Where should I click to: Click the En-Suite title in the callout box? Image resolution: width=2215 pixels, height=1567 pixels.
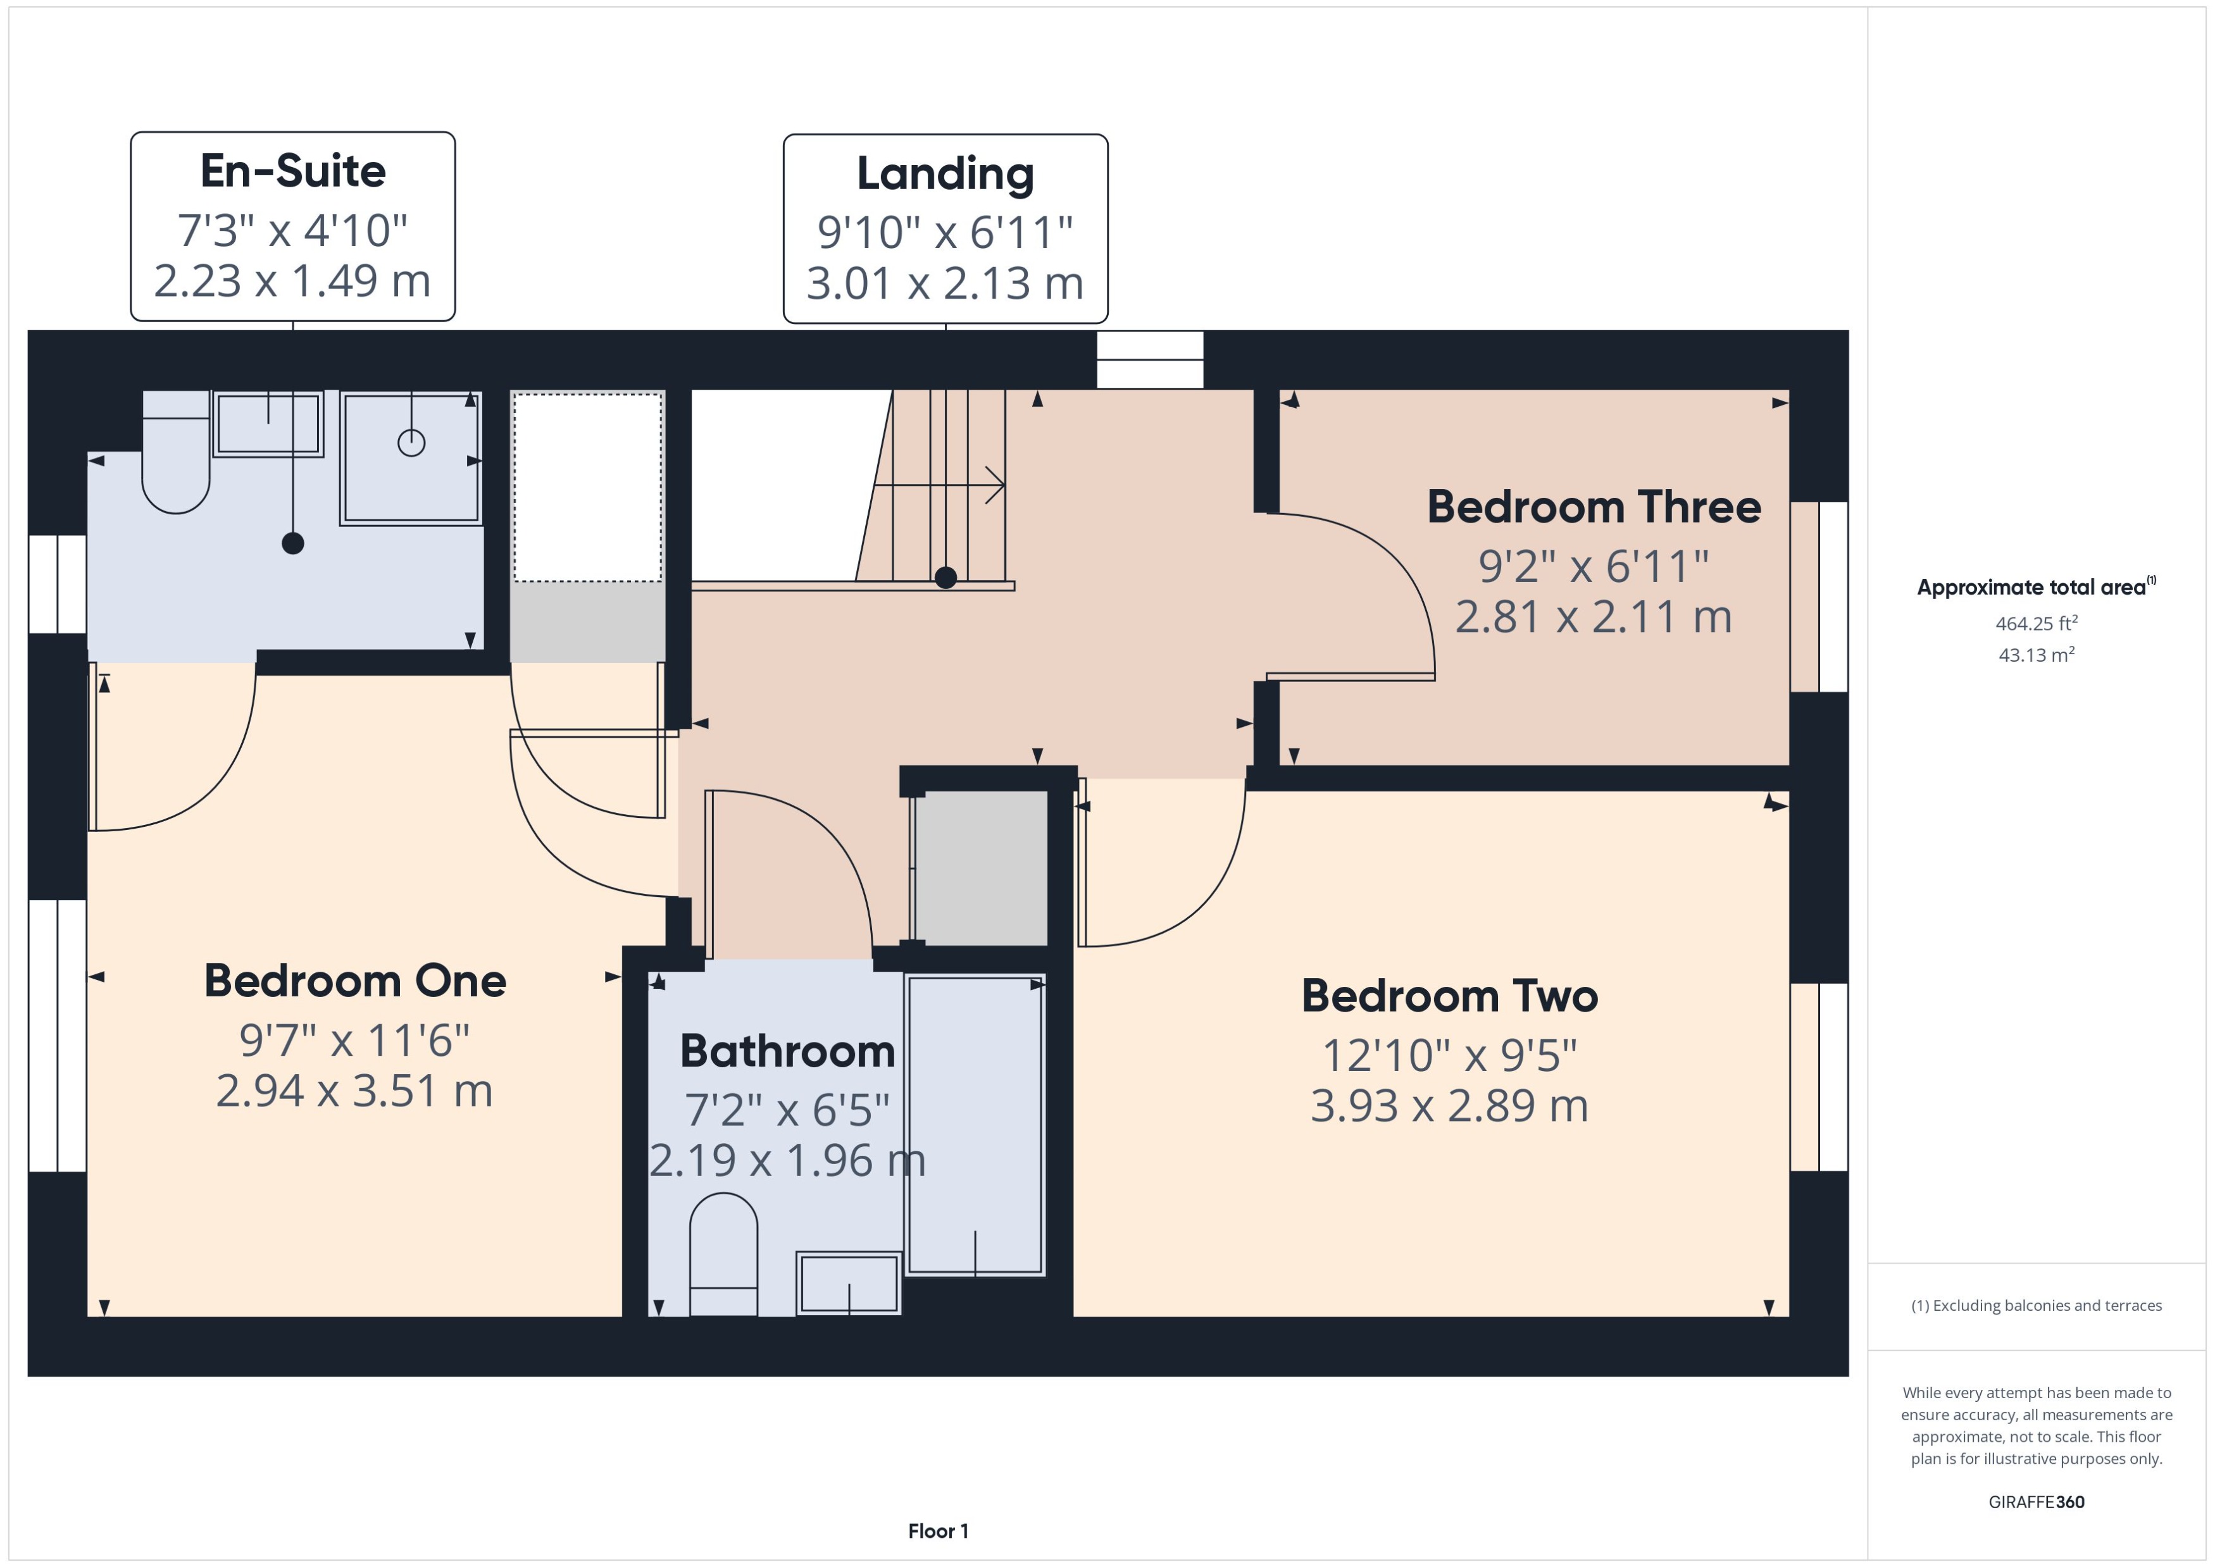click(x=292, y=171)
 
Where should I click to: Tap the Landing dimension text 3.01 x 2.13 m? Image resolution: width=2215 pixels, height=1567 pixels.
click(x=945, y=283)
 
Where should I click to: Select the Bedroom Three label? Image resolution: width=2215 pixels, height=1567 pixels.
click(x=1594, y=507)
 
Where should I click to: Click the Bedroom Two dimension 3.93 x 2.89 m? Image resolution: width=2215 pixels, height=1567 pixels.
click(x=1449, y=1106)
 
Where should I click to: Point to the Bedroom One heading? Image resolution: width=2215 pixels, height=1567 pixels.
click(x=355, y=981)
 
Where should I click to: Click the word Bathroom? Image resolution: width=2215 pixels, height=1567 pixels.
click(x=787, y=1051)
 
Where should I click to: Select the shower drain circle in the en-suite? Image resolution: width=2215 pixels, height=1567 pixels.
click(x=411, y=443)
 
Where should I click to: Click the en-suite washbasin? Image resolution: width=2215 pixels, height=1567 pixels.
click(x=267, y=424)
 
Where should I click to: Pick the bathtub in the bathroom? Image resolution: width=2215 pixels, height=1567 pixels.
click(x=975, y=1124)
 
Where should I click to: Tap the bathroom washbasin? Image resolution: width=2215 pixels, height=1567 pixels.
click(x=849, y=1284)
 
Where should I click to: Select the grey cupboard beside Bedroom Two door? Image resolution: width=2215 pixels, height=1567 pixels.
click(x=980, y=867)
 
